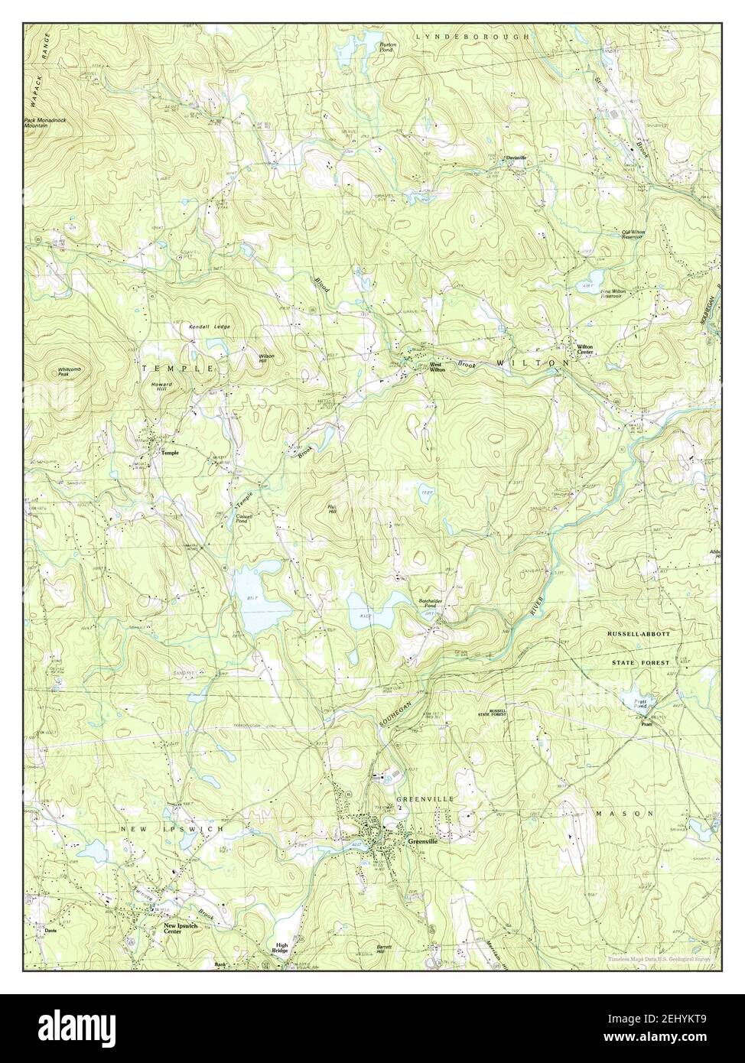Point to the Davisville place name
tap(516, 158)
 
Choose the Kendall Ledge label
tap(210, 327)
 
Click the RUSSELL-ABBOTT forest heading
tap(639, 635)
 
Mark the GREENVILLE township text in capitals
tap(425, 799)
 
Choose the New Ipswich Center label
tap(181, 929)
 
